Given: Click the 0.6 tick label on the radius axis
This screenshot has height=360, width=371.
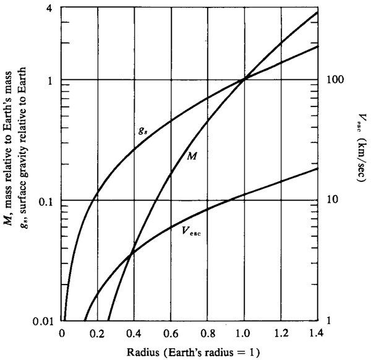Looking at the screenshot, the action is click(171, 334).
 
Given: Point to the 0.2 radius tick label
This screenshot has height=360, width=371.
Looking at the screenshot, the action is click(98, 334).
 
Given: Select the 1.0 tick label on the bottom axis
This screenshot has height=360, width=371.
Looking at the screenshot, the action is click(244, 334).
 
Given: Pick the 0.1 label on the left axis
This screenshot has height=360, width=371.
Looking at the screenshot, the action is click(45, 202).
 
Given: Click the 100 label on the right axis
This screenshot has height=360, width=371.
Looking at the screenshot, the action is click(335, 80).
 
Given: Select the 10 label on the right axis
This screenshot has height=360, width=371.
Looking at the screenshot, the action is click(333, 200).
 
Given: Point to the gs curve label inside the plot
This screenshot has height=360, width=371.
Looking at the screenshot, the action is click(143, 130).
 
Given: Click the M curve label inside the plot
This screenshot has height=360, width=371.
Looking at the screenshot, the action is click(192, 156).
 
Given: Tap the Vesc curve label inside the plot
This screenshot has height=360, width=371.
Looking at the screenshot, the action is click(191, 231).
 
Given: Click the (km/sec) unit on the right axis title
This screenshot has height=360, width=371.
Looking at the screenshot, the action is click(362, 160).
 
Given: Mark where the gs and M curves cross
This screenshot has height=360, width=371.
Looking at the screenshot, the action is click(244, 80).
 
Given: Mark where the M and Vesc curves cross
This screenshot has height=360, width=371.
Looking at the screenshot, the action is click(130, 254).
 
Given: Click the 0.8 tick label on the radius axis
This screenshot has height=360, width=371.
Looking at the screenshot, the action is click(208, 334).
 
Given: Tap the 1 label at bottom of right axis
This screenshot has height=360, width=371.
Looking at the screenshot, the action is click(329, 320).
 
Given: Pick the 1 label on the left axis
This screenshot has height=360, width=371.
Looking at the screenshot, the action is click(49, 81).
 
